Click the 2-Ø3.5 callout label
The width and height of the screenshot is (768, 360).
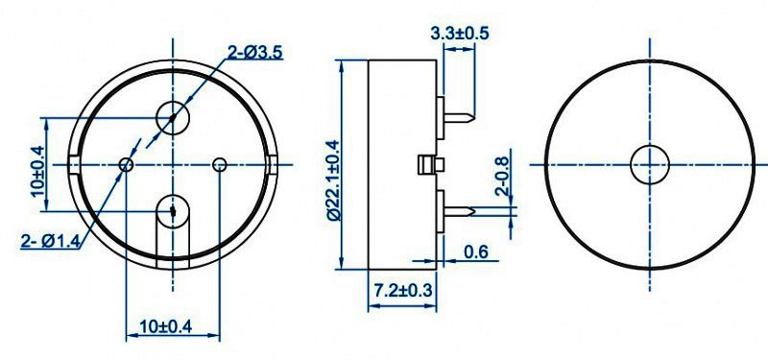pyautogui.click(x=255, y=52)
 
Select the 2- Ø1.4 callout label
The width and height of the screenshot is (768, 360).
pyautogui.click(x=50, y=241)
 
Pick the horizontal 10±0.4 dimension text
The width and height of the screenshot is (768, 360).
pyautogui.click(x=165, y=325)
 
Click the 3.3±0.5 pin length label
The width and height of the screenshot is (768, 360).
pyautogui.click(x=460, y=33)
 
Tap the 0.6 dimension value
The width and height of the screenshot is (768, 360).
pyautogui.click(x=475, y=252)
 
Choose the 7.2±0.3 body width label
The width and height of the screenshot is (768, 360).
pyautogui.click(x=403, y=291)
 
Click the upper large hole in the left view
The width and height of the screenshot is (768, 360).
pyautogui.click(x=173, y=117)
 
